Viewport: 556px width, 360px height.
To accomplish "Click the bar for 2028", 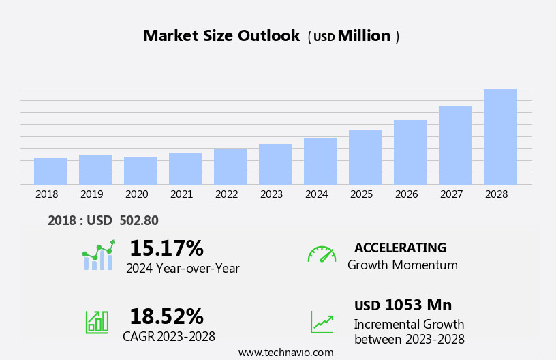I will coord(500,136).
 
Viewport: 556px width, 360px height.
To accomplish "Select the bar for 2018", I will coord(50,171).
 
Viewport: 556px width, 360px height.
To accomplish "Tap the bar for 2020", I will coord(140,170).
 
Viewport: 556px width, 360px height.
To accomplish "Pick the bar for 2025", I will coord(365,157).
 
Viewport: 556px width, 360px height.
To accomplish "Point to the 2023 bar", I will coord(275,164).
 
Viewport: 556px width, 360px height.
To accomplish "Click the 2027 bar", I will coord(455,145).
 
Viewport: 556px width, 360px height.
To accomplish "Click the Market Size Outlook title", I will coord(221,36).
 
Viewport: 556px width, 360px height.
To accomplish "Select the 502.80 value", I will coord(139,221).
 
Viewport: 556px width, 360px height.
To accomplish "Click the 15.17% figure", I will coord(166,248).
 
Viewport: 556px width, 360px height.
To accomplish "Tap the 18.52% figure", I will coord(166,316).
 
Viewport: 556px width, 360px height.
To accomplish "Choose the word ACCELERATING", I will coord(400,247).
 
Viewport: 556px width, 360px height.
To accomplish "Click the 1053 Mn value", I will coord(418,305).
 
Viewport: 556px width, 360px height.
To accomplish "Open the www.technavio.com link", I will coord(285,352).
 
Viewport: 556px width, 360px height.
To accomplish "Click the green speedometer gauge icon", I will coord(322,254).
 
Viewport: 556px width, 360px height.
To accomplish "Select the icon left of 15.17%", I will coord(98,255).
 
